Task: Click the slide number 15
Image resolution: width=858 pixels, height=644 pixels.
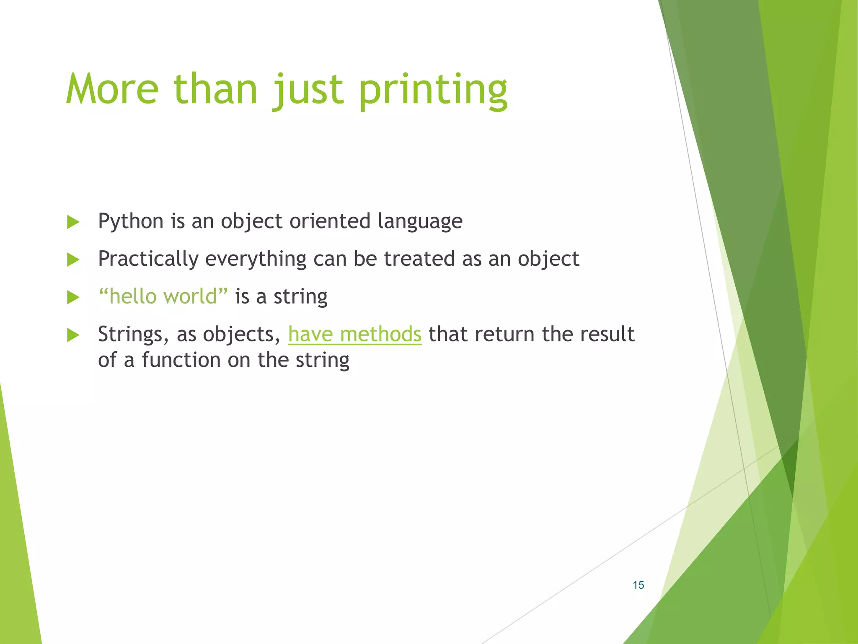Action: coord(638,585)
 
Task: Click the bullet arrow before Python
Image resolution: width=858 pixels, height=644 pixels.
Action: coord(73,222)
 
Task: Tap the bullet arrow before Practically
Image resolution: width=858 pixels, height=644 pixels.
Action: coord(73,260)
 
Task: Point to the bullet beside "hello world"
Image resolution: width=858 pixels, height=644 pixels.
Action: coord(73,298)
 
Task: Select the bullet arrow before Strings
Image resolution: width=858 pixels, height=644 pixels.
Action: coord(73,335)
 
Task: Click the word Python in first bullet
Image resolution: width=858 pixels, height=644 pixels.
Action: coord(130,221)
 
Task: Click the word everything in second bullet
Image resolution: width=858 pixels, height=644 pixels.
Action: coord(255,259)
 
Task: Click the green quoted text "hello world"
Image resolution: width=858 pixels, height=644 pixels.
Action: coord(163,296)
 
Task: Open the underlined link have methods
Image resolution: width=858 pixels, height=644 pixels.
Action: coord(354,335)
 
